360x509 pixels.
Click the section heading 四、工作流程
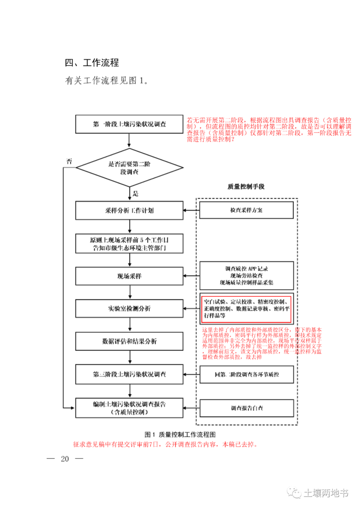pyautogui.click(x=92, y=63)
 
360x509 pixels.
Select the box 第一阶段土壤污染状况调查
pyautogui.click(x=129, y=124)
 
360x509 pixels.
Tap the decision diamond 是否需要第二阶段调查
pyautogui.click(x=129, y=168)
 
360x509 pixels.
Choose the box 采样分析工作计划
pyautogui.click(x=129, y=211)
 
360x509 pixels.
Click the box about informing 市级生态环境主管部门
pyautogui.click(x=129, y=244)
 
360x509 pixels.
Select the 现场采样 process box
pyautogui.click(x=129, y=276)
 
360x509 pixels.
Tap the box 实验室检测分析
pyautogui.click(x=129, y=309)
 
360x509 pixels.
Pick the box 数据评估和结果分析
pyautogui.click(x=129, y=342)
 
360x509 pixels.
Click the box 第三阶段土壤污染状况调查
pyautogui.click(x=129, y=374)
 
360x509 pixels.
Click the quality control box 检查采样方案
pyautogui.click(x=246, y=211)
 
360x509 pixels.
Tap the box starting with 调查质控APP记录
pyautogui.click(x=246, y=275)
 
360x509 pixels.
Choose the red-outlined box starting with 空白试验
pyautogui.click(x=246, y=308)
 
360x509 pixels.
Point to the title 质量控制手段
pyautogui.click(x=246, y=187)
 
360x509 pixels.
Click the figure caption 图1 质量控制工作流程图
pyautogui.click(x=180, y=434)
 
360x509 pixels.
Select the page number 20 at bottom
pyautogui.click(x=65, y=459)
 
